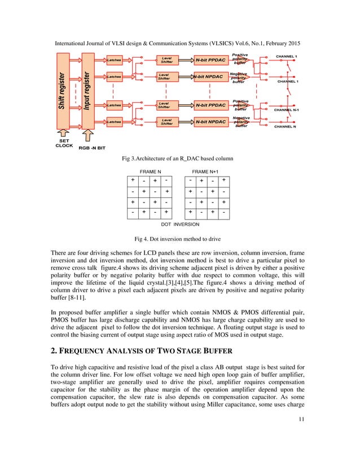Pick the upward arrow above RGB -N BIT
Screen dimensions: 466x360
click(x=88, y=133)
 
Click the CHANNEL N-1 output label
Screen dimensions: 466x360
click(x=289, y=110)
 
